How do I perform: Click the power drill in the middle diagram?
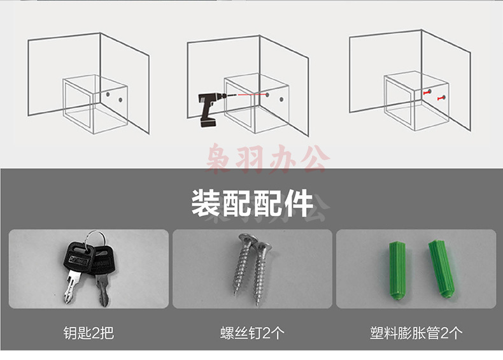coord(209,108)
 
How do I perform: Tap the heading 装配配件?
coord(252,203)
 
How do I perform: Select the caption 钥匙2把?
coord(89,333)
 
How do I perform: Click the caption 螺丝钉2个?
coord(252,333)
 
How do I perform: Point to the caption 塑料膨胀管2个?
coord(416,333)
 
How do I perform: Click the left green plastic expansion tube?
coord(397,271)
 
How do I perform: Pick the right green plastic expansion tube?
coord(441,268)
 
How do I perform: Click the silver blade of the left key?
coord(71,287)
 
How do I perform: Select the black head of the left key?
coord(78,257)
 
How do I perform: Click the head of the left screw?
coord(248,239)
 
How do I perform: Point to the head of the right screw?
coord(263,247)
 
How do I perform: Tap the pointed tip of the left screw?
coord(236,293)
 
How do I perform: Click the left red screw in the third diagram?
coord(427,92)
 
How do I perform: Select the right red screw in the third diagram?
coord(441,97)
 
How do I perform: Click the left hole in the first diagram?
coord(108,95)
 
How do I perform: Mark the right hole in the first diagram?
coord(120,100)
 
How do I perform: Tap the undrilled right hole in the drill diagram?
coord(281,99)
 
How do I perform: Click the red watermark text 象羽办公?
coord(268,159)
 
